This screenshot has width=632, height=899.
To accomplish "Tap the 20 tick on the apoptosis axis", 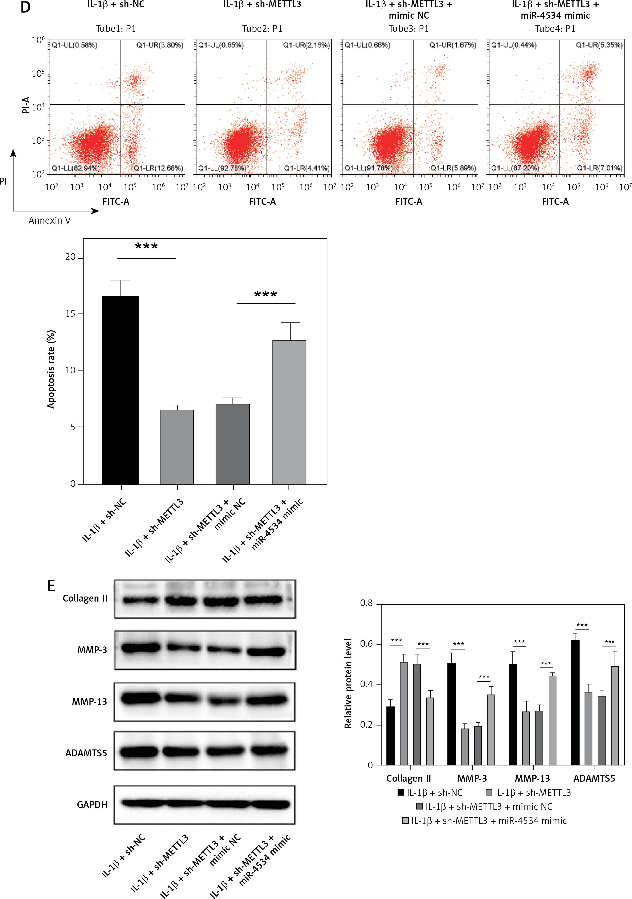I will [x=70, y=257].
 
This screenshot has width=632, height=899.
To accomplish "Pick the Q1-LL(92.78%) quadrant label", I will [x=222, y=168].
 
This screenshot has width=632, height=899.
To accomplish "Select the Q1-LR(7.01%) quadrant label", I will [x=599, y=168].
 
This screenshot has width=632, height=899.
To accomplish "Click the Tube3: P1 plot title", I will [x=409, y=29].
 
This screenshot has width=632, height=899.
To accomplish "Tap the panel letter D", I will [x=25, y=7].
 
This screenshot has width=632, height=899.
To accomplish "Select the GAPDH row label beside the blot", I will [x=92, y=805].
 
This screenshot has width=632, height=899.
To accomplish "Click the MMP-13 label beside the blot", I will [x=89, y=701].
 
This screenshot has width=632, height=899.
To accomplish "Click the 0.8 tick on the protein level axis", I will [x=366, y=603].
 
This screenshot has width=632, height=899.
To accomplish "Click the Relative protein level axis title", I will [x=348, y=683].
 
